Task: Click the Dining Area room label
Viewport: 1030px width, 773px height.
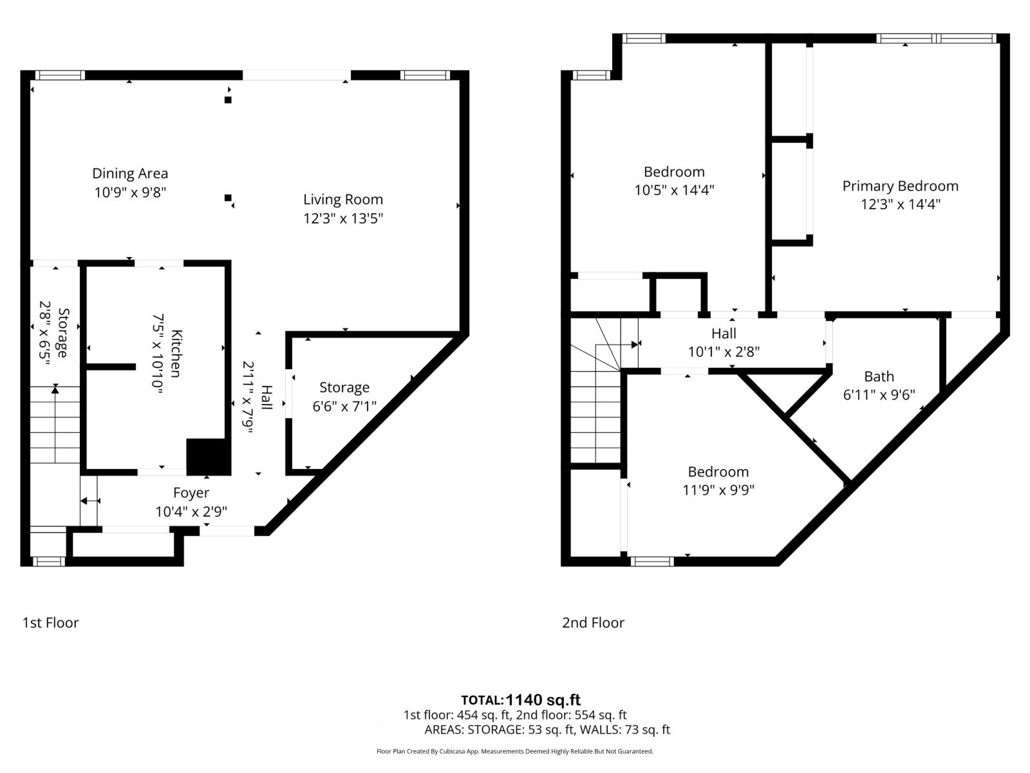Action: pyautogui.click(x=130, y=173)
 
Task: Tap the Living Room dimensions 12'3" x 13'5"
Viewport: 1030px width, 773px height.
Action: pyautogui.click(x=343, y=218)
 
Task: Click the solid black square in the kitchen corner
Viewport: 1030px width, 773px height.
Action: pyautogui.click(x=208, y=457)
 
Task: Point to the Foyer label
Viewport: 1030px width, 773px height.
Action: pyautogui.click(x=191, y=493)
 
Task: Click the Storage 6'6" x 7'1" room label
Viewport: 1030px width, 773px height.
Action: pyautogui.click(x=344, y=388)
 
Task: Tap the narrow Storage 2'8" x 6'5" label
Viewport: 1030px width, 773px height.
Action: pyautogui.click(x=62, y=333)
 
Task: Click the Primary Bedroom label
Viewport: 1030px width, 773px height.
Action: pyautogui.click(x=900, y=186)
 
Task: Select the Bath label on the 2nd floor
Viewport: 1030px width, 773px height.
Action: pyautogui.click(x=879, y=377)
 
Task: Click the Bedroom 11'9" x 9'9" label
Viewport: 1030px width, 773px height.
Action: pyautogui.click(x=718, y=472)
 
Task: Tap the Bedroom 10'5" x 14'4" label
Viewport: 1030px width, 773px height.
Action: pyautogui.click(x=674, y=172)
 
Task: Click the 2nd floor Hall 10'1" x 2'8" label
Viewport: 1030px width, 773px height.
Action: pyautogui.click(x=724, y=334)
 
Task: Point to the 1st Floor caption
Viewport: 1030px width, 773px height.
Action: pyautogui.click(x=50, y=622)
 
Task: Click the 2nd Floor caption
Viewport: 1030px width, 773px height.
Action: pyautogui.click(x=593, y=622)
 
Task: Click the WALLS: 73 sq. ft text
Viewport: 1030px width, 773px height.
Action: pyautogui.click(x=625, y=730)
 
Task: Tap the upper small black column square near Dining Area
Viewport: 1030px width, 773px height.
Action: pyautogui.click(x=228, y=100)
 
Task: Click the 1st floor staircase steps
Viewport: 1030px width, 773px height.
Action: pyautogui.click(x=55, y=425)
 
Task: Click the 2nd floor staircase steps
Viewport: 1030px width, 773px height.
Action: pyautogui.click(x=596, y=419)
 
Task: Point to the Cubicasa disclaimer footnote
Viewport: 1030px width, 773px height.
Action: pyautogui.click(x=514, y=751)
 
